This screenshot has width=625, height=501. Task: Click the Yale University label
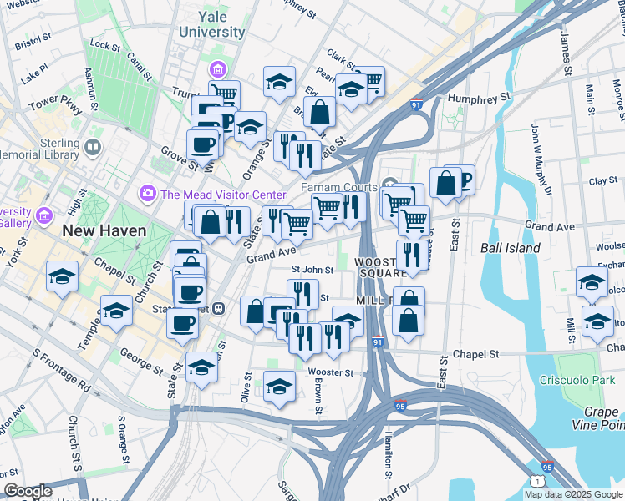click(211, 24)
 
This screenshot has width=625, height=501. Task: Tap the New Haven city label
click(104, 230)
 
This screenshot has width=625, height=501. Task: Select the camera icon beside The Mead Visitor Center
click(148, 194)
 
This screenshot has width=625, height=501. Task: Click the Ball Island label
click(510, 248)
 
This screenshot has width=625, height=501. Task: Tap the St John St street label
click(312, 270)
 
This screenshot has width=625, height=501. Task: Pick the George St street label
click(140, 360)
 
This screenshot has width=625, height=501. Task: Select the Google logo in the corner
click(28, 492)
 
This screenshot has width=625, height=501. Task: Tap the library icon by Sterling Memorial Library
click(92, 148)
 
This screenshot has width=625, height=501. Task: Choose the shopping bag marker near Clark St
click(319, 110)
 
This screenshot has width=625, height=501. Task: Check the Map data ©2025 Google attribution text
click(573, 494)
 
